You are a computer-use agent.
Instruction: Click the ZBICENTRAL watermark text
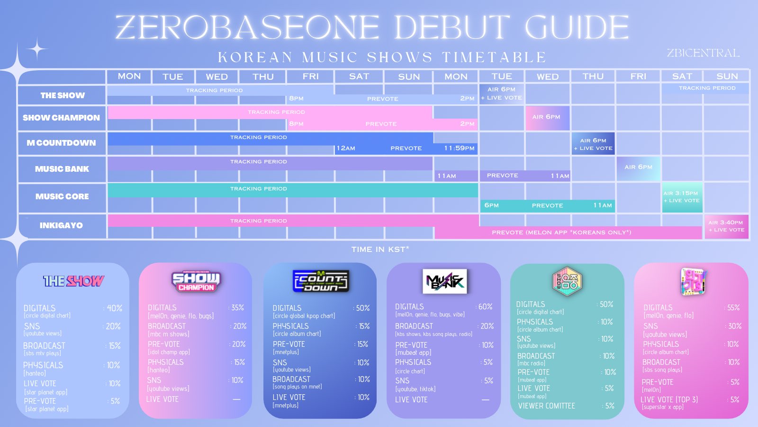point(703,53)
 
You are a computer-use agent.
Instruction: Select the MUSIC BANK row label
point(62,169)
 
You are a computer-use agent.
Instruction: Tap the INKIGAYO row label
point(61,225)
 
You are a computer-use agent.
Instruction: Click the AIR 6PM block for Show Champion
point(546,117)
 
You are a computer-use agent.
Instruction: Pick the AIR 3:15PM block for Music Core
point(681,197)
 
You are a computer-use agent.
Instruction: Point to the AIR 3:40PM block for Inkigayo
point(726,226)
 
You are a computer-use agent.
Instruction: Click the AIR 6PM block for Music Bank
point(638,167)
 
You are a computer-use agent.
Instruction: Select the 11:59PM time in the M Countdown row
point(459,148)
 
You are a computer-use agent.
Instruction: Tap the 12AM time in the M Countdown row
point(346,148)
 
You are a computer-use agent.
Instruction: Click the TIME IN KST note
point(380,250)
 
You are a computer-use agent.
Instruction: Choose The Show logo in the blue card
point(73,281)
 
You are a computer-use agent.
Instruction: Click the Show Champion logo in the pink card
point(196,281)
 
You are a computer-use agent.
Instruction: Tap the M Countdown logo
point(321,281)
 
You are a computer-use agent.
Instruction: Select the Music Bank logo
point(444,281)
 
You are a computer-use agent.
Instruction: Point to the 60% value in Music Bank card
point(485,307)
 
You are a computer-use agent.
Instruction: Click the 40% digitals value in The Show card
point(114,308)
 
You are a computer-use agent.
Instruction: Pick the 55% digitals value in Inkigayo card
point(733,308)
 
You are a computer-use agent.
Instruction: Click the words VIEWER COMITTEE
point(546,406)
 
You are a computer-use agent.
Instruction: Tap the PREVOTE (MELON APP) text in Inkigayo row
point(561,232)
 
